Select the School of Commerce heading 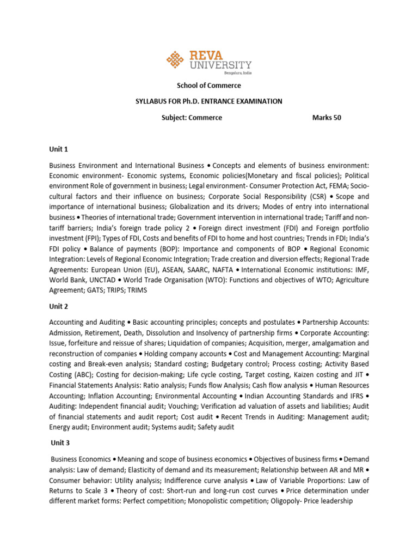coord(208,86)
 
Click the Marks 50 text coord(327,117)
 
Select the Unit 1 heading coord(58,149)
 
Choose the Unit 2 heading coord(58,306)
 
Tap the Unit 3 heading coord(59,444)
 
